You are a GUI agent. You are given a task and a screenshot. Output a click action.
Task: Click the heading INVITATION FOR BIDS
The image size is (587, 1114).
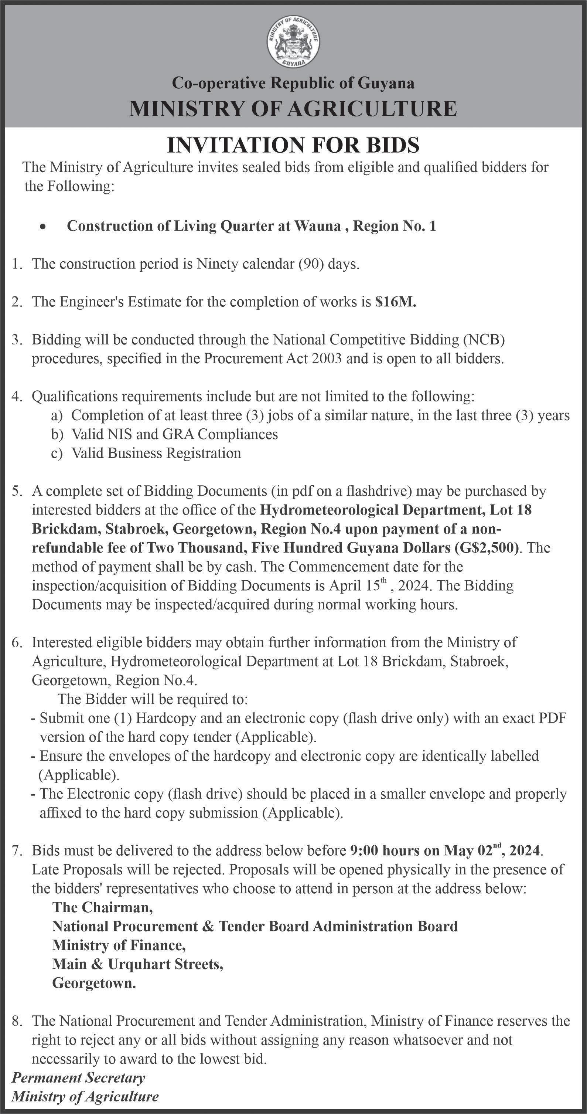tap(293, 145)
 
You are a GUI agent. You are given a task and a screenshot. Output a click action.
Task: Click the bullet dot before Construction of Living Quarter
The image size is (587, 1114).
tap(42, 227)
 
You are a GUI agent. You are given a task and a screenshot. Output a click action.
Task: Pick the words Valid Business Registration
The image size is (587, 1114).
tap(156, 453)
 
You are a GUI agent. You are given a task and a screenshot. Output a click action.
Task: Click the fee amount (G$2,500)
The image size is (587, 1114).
tap(486, 548)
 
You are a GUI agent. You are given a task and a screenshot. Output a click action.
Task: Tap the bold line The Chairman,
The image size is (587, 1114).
tap(102, 907)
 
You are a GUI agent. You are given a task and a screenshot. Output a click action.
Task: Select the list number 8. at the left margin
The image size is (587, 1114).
tap(17, 1021)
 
